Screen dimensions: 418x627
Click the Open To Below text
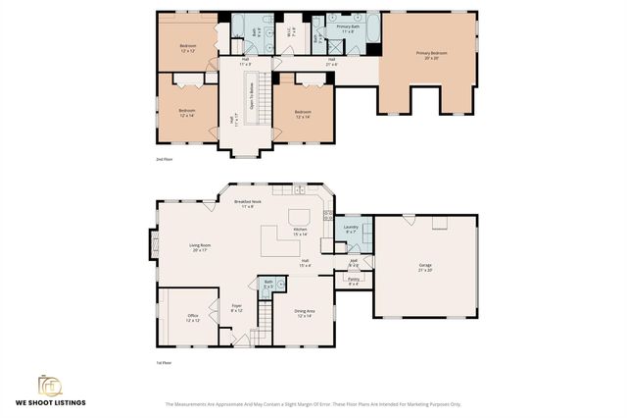click(x=251, y=96)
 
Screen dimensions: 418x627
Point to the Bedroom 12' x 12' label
click(x=187, y=49)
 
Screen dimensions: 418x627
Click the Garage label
click(x=425, y=267)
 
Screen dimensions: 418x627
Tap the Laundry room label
click(x=352, y=229)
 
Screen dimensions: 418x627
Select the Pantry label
click(x=354, y=282)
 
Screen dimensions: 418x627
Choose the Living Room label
click(x=200, y=248)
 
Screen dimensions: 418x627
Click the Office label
click(x=193, y=318)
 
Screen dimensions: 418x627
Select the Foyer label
click(x=236, y=307)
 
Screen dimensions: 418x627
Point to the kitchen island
click(x=299, y=215)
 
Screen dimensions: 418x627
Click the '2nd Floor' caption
click(x=165, y=158)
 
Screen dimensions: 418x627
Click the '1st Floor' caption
click(x=165, y=362)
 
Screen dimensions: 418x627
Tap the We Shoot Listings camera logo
click(x=48, y=384)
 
